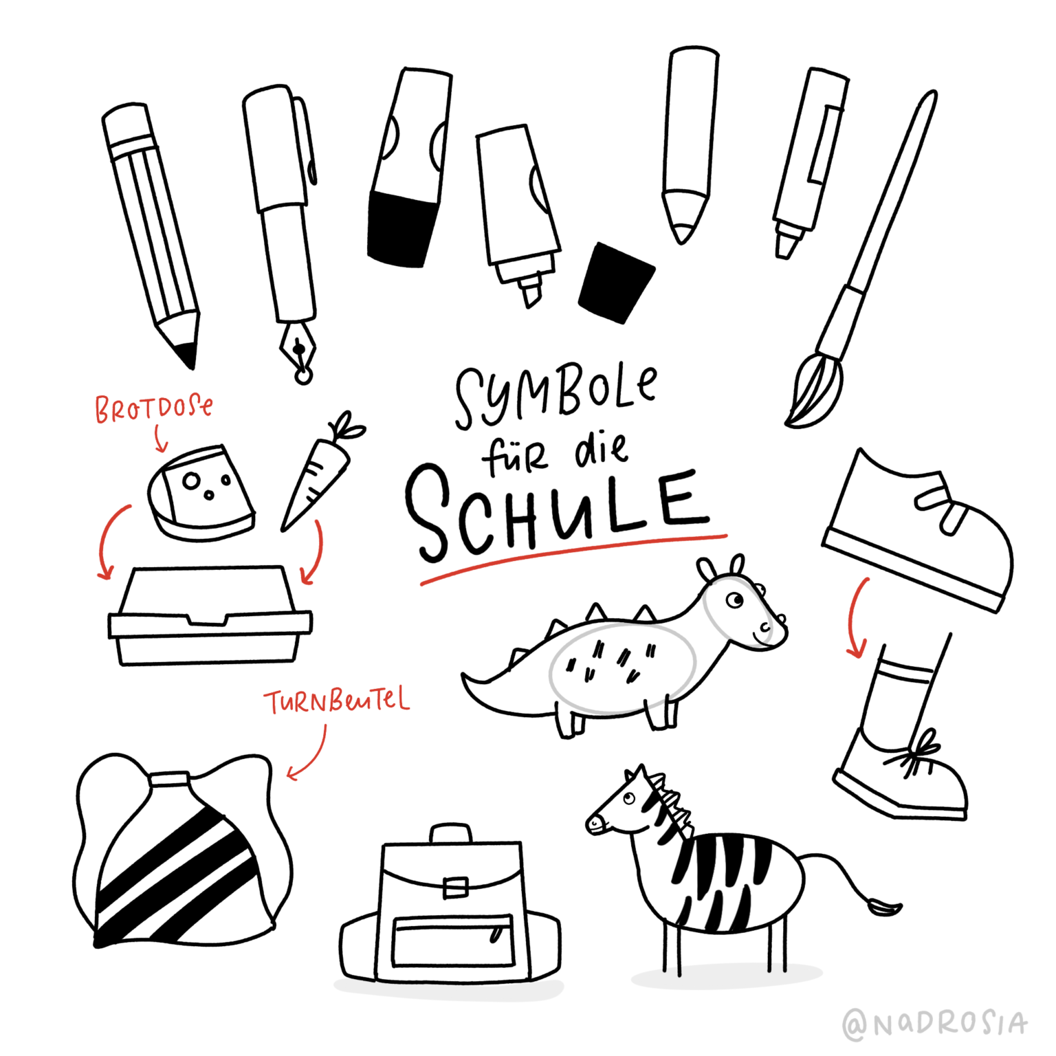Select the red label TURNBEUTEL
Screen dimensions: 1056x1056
[337, 701]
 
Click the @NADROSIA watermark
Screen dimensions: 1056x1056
[935, 1024]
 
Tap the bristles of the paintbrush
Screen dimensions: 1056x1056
[814, 392]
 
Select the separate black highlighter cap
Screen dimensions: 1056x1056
[615, 282]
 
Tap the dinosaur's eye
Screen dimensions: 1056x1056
[735, 600]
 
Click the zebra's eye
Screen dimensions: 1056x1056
[628, 798]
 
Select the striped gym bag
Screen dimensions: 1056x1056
[179, 859]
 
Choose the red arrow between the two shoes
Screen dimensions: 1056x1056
[857, 619]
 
